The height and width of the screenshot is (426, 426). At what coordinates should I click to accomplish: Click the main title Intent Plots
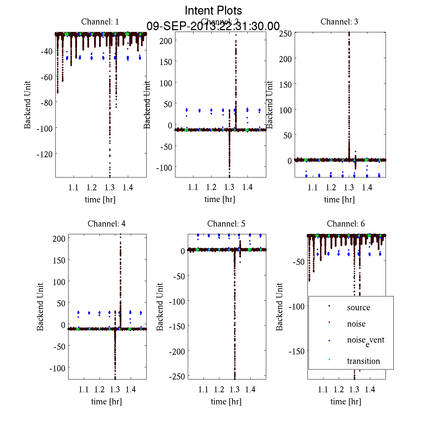point(213,10)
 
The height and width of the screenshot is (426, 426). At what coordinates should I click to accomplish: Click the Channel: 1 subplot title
point(100,22)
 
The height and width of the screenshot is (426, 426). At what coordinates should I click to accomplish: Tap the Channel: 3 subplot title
point(339,22)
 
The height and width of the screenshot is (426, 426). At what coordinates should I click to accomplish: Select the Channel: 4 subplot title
point(106,224)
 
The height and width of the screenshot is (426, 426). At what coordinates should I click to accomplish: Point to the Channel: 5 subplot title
point(226,224)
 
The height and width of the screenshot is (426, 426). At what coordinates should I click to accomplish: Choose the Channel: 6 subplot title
point(346,224)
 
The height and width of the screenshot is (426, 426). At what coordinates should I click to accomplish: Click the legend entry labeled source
point(358,307)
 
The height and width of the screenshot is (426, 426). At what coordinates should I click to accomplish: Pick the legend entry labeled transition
point(363,361)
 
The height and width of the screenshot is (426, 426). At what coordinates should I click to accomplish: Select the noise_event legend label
point(366,340)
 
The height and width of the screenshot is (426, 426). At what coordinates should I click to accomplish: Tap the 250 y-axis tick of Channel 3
point(285,33)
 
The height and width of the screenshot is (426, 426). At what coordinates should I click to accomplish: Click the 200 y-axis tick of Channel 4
point(59,239)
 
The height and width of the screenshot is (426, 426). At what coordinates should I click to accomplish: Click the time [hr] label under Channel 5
point(226,402)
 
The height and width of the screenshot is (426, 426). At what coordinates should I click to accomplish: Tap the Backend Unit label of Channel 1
point(27,105)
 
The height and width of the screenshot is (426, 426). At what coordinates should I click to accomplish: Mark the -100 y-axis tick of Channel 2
point(164,167)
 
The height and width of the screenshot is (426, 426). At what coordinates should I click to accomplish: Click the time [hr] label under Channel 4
point(106,402)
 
